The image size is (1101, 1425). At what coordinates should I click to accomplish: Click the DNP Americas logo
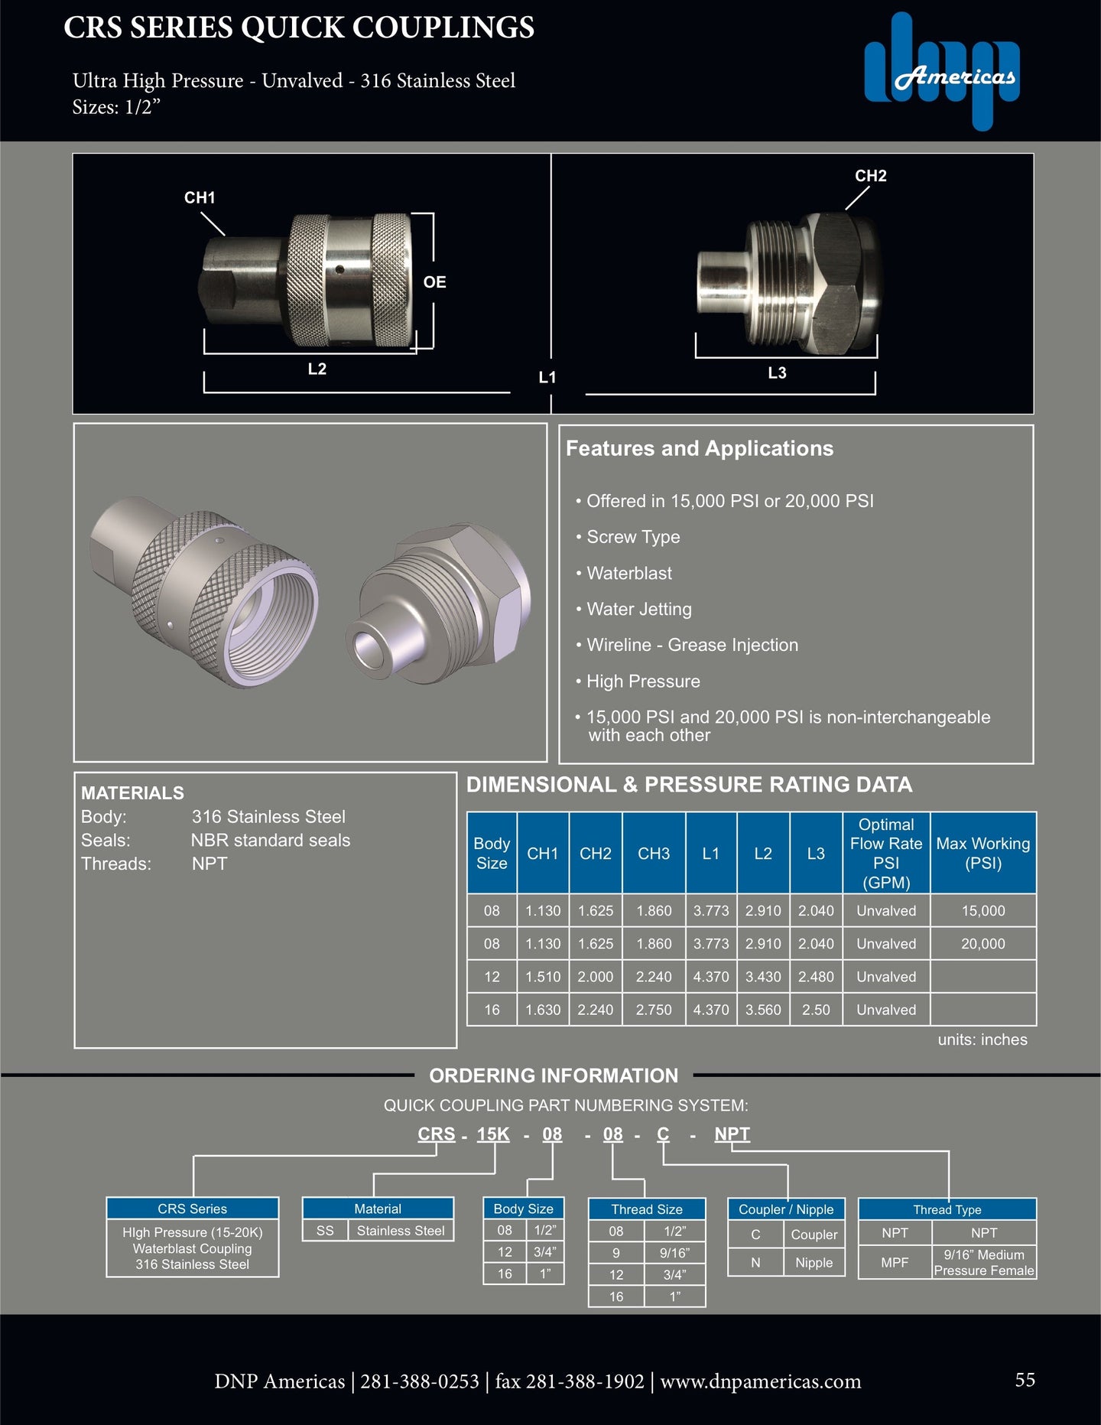pos(942,72)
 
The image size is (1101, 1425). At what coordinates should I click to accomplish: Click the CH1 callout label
pos(200,197)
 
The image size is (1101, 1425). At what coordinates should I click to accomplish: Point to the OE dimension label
pos(434,282)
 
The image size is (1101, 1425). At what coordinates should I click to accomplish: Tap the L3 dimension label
pos(777,373)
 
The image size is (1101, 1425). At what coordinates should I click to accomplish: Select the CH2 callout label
pos(870,176)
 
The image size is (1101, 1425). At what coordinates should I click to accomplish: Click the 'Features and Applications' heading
pos(699,448)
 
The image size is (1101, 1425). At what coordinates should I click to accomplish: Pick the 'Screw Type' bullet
pos(632,537)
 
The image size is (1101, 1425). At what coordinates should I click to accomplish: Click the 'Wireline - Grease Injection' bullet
pos(691,645)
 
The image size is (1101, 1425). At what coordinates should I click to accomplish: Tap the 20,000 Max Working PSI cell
pos(982,944)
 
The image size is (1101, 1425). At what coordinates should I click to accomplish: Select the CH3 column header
pos(654,854)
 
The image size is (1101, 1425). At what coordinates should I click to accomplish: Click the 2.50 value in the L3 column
pos(816,1010)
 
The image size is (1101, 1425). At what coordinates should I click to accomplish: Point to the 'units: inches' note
pos(982,1039)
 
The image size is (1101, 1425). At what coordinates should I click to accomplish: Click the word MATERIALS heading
pos(132,793)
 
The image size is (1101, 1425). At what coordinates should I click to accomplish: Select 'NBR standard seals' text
pos(270,840)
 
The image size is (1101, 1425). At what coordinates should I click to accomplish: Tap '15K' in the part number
pos(493,1134)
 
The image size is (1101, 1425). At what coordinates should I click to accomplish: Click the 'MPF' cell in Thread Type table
pos(895,1262)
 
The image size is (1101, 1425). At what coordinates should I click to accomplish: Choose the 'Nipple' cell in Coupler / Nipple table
pos(814,1263)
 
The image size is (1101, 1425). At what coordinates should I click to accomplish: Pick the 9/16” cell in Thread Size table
pos(674,1253)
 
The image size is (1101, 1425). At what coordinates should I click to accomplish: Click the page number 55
pos(1025,1379)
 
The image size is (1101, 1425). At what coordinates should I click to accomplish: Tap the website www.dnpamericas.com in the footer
pos(760,1381)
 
